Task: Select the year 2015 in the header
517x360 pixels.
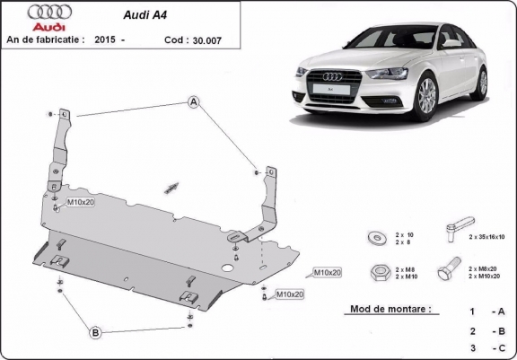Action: pyautogui.click(x=105, y=40)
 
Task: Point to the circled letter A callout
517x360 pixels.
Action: pyautogui.click(x=193, y=103)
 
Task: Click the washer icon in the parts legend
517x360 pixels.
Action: pyautogui.click(x=375, y=237)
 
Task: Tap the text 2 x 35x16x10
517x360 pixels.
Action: pyautogui.click(x=486, y=237)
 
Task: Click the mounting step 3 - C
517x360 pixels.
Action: pyautogui.click(x=485, y=347)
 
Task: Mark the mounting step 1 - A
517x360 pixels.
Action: pyautogui.click(x=485, y=312)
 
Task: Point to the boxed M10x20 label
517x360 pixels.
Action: pyautogui.click(x=326, y=271)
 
